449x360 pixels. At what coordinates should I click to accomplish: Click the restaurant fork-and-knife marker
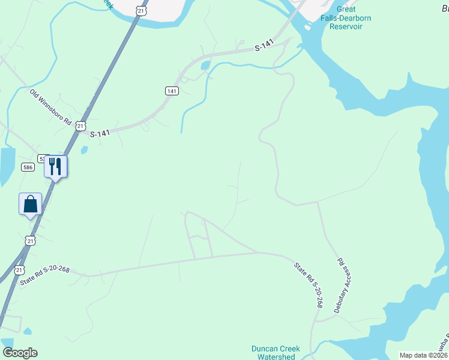(56, 166)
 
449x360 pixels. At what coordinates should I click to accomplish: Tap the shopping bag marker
(30, 204)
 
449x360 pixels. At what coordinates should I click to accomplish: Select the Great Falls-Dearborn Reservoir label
(346, 18)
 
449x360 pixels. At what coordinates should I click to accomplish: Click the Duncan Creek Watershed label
(273, 352)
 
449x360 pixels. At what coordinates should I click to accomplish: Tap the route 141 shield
(172, 91)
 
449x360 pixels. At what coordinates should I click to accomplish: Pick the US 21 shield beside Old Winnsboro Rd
(80, 125)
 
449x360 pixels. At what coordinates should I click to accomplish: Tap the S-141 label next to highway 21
(101, 134)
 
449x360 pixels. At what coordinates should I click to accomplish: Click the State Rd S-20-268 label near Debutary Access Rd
(309, 285)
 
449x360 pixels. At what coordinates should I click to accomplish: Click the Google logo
(20, 353)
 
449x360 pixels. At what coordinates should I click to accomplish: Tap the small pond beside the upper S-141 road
(206, 65)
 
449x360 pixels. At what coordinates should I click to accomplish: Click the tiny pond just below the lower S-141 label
(83, 150)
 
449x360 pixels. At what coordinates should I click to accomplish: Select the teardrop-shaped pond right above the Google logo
(8, 343)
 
